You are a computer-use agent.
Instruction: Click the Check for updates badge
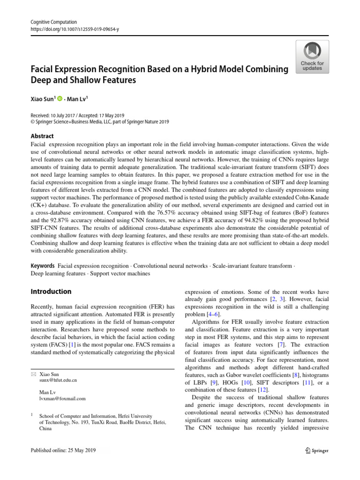[x=312, y=57]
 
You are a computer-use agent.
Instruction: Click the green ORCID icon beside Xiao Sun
[x=60, y=98]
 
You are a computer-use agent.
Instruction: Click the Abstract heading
[x=42, y=136]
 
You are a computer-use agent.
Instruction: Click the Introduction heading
[x=51, y=291]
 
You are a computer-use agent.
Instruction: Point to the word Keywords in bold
[x=43, y=266]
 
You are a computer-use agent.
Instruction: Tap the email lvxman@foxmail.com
[x=62, y=398]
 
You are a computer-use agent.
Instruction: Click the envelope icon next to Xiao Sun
[x=33, y=375]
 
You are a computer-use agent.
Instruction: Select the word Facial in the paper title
[x=45, y=69]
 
